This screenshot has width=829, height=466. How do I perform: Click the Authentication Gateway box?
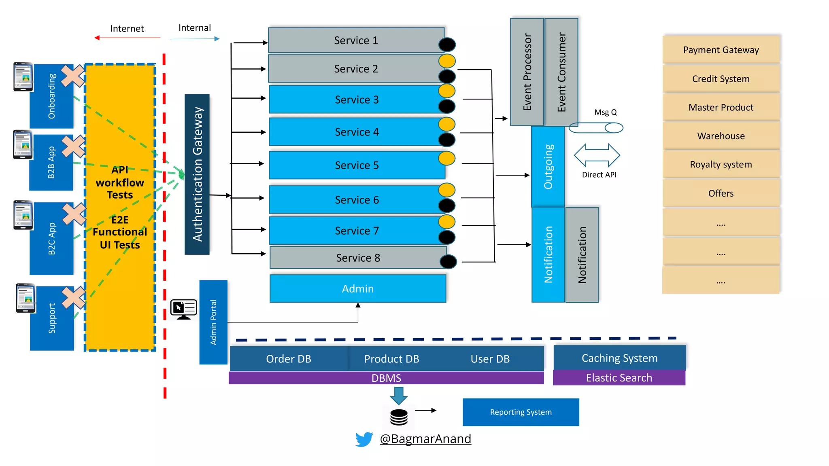(197, 174)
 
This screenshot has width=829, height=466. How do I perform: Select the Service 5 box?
(356, 165)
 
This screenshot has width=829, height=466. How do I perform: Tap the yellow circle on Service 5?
(447, 158)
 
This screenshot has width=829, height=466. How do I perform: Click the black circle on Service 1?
(447, 44)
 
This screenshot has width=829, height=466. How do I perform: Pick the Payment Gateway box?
(721, 50)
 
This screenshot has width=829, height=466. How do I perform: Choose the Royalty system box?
(721, 164)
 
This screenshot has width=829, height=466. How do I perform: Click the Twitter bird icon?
(364, 439)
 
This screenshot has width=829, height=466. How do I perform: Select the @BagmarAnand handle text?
(425, 439)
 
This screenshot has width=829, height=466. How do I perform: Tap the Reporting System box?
(521, 412)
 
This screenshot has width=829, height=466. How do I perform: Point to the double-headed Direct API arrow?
(597, 155)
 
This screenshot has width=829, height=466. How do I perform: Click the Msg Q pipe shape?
(596, 128)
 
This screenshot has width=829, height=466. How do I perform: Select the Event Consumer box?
(561, 72)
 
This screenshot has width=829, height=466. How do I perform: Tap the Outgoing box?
(548, 167)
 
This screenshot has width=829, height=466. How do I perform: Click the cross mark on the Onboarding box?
(73, 76)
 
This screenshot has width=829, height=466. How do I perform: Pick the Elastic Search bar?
(619, 378)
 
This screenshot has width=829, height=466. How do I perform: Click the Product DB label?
(391, 359)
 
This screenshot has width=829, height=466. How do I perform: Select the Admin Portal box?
(213, 322)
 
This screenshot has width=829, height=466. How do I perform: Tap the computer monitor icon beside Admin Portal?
(184, 309)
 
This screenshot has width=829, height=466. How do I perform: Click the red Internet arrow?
(127, 38)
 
